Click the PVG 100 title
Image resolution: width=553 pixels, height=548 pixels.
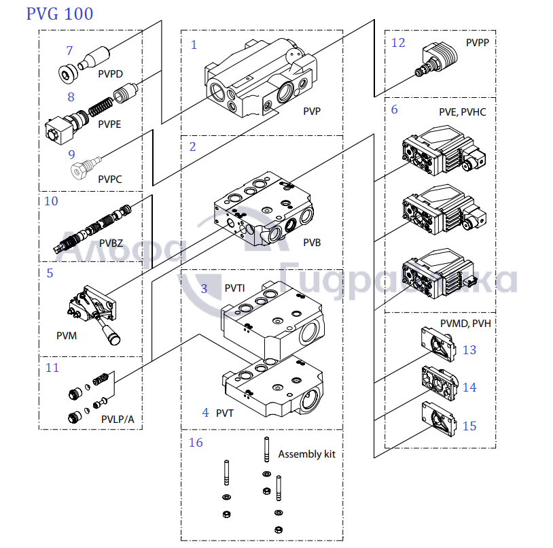click(x=60, y=14)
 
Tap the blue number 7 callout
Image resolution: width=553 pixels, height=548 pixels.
click(x=69, y=51)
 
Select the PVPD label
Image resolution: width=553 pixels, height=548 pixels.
click(x=110, y=73)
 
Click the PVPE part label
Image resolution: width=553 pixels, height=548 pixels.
click(x=109, y=124)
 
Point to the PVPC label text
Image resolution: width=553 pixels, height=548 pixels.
click(x=109, y=179)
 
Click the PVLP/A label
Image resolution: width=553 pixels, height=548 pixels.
click(x=118, y=419)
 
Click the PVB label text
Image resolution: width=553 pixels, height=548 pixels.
click(x=312, y=243)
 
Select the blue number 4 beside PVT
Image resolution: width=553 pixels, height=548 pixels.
click(x=205, y=413)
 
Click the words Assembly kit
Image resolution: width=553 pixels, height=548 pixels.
click(x=306, y=453)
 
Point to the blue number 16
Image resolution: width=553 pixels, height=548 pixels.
click(x=196, y=443)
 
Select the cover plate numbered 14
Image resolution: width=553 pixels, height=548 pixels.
click(x=439, y=384)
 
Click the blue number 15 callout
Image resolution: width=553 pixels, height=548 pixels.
click(x=469, y=426)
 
